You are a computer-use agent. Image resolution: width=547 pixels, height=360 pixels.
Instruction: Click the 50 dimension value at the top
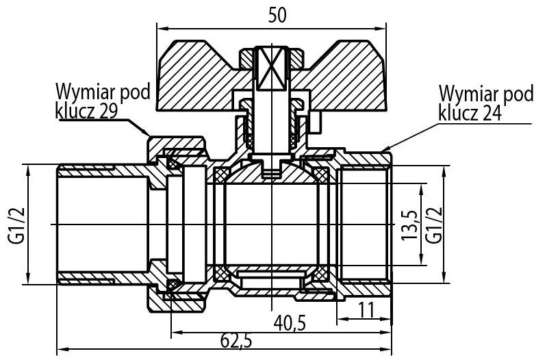pyautogui.click(x=277, y=14)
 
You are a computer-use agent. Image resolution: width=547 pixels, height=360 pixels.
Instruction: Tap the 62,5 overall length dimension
pyautogui.click(x=236, y=341)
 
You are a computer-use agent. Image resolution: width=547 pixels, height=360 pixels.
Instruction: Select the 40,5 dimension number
pyautogui.click(x=290, y=323)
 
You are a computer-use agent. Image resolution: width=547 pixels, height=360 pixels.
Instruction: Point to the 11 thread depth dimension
pyautogui.click(x=366, y=310)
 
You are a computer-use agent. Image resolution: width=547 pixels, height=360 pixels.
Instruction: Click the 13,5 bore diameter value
pyautogui.click(x=409, y=225)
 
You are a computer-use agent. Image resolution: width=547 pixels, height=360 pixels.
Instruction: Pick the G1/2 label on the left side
pyautogui.click(x=16, y=225)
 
